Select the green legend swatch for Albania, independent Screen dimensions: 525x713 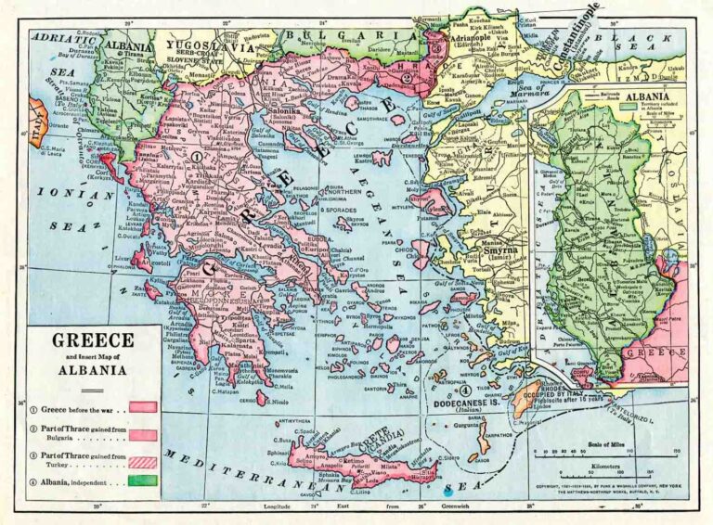click(142, 480)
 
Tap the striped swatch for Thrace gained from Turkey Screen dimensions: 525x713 click(142, 457)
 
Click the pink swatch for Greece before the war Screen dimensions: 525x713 click(142, 406)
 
